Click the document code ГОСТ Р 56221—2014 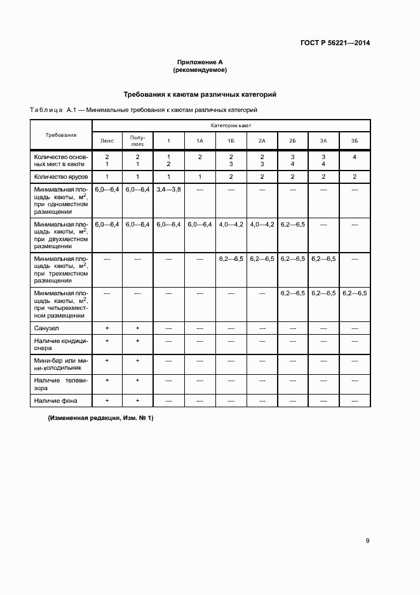[x=335, y=43]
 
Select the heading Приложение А [x=200, y=62]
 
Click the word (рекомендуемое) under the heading [x=200, y=70]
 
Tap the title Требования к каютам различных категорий [x=200, y=94]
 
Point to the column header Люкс [x=107, y=140]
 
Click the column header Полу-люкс [x=138, y=140]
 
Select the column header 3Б [x=354, y=140]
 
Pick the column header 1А [x=200, y=140]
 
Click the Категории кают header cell [x=231, y=126]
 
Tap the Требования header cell [x=61, y=135]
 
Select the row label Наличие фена [x=53, y=401]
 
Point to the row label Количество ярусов [x=61, y=176]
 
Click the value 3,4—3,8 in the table [x=168, y=189]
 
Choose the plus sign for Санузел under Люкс [x=107, y=327]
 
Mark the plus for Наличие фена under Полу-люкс [x=138, y=400]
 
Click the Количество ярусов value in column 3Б [x=354, y=176]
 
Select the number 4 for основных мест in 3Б [x=354, y=157]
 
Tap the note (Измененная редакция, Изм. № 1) [x=100, y=418]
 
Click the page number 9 [x=367, y=541]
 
